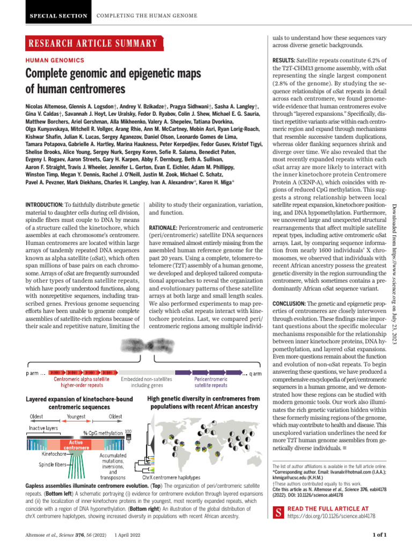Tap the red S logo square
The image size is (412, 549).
tap(278, 511)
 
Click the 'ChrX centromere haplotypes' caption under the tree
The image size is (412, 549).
tap(171, 477)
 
